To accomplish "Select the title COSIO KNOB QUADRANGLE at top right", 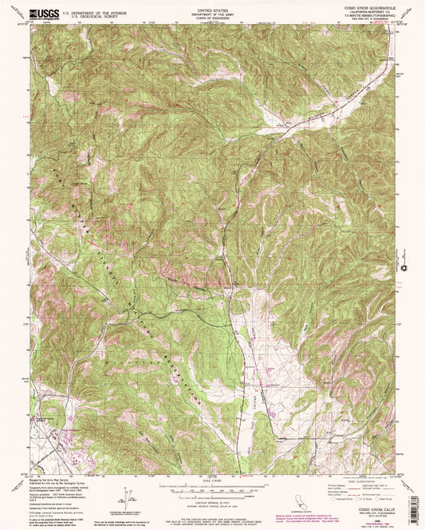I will pos(362,9).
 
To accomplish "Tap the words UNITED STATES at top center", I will pos(212,9).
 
